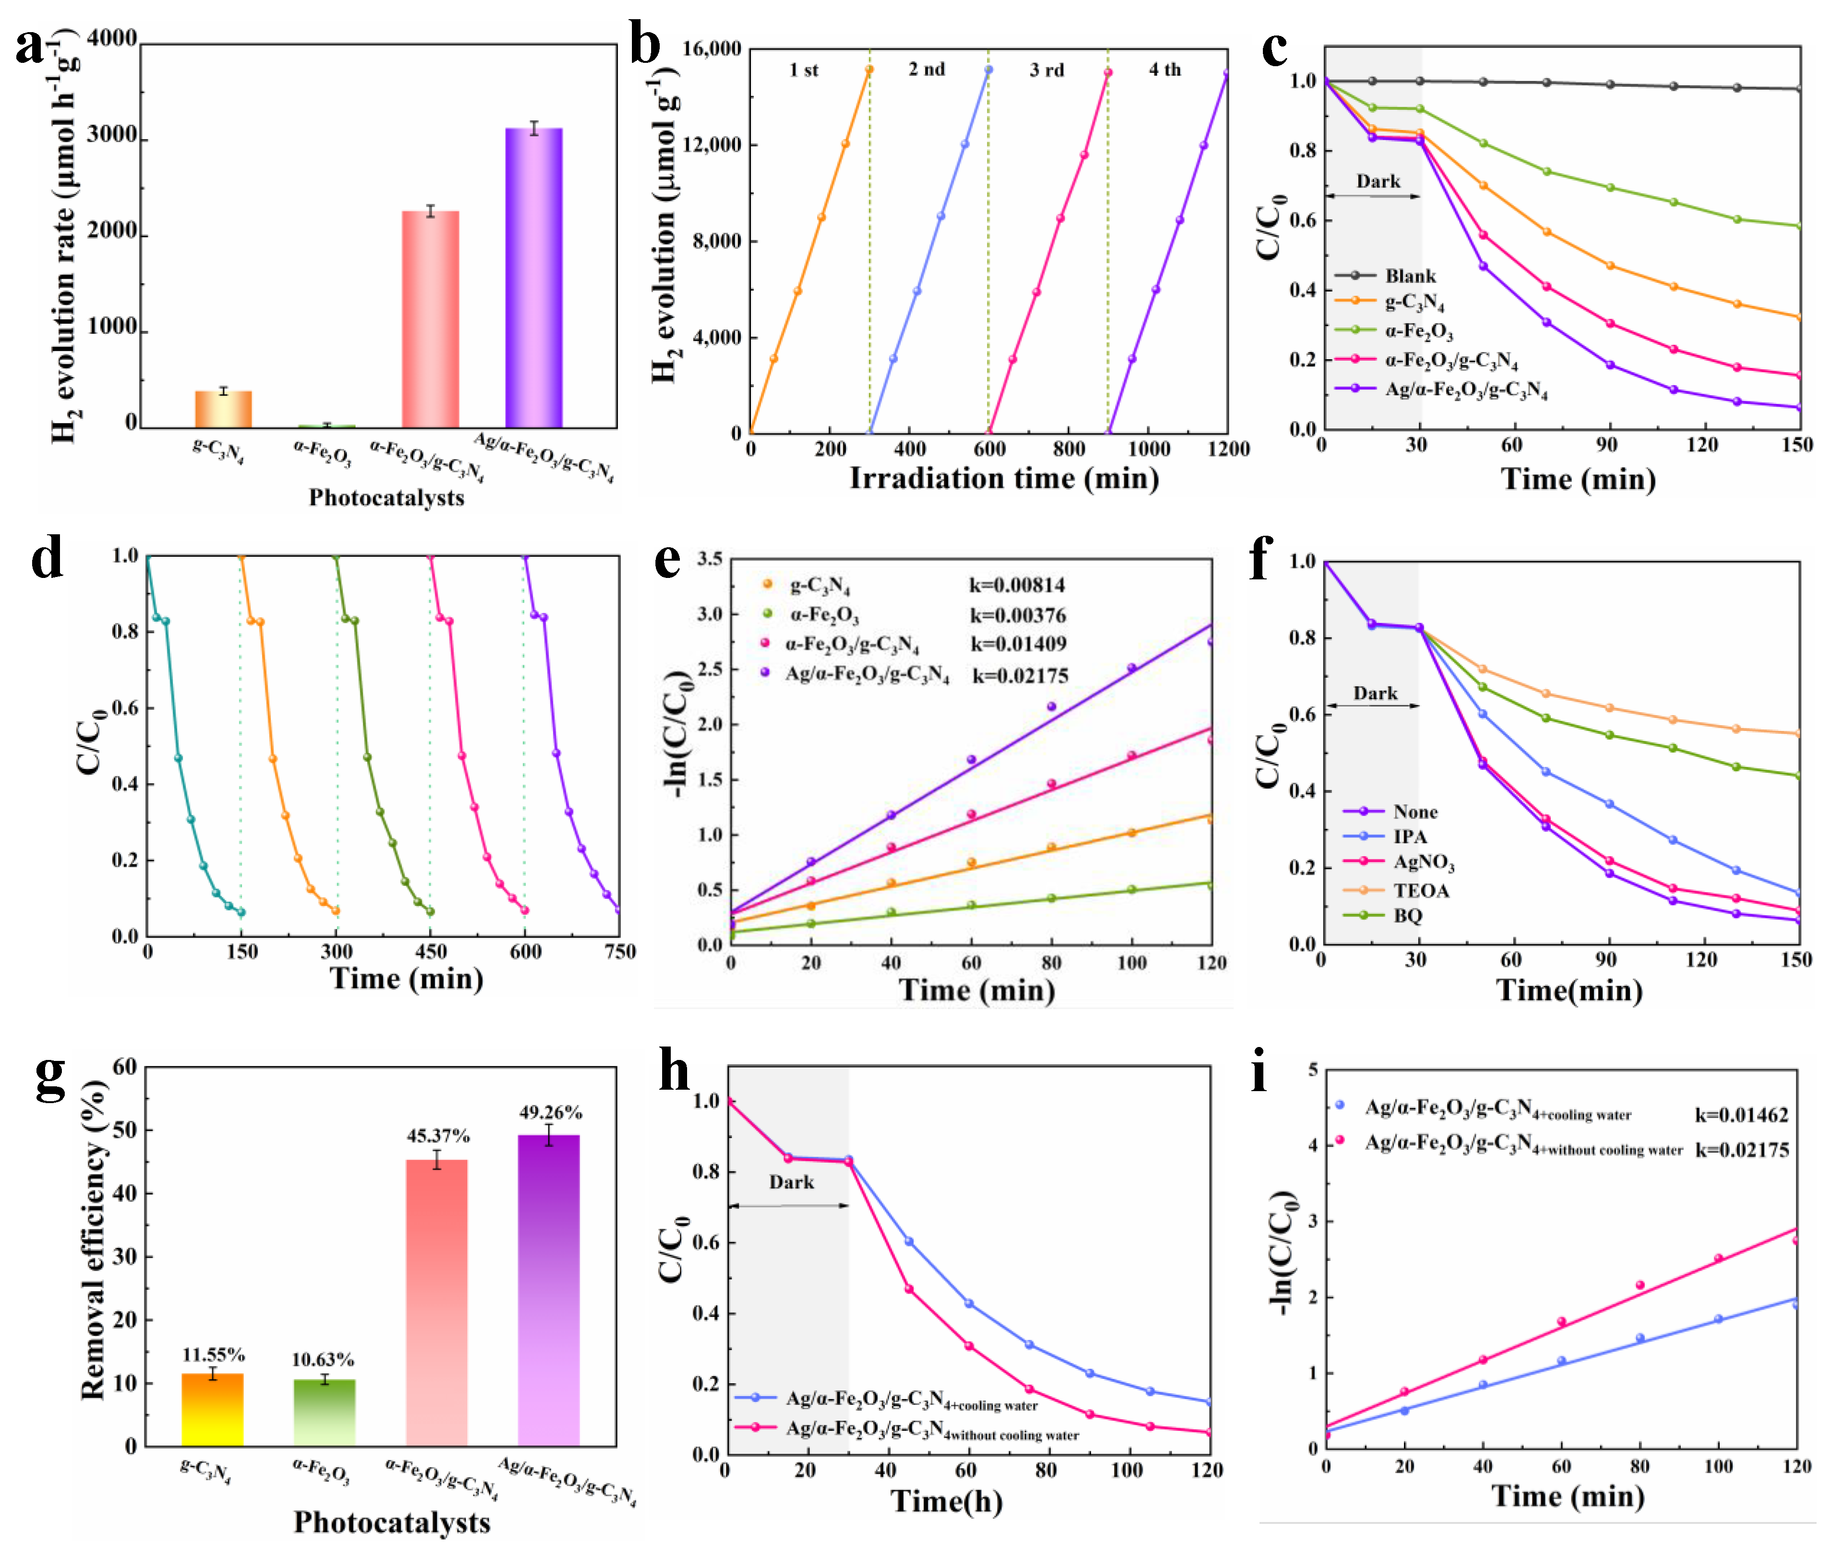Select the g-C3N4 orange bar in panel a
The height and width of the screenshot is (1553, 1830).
click(x=223, y=410)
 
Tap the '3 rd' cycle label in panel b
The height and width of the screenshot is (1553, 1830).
click(x=1046, y=71)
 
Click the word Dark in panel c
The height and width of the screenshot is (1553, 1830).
click(x=1378, y=181)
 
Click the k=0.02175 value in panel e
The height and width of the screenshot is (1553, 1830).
click(x=1020, y=676)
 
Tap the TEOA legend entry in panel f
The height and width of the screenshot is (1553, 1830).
click(x=1421, y=890)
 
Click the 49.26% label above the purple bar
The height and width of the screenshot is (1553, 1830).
click(x=549, y=1113)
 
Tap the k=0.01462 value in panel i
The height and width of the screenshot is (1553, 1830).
click(x=1741, y=1116)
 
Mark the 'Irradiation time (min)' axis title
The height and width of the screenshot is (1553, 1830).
click(x=1003, y=479)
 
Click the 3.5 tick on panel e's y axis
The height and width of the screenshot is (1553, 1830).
click(x=710, y=559)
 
